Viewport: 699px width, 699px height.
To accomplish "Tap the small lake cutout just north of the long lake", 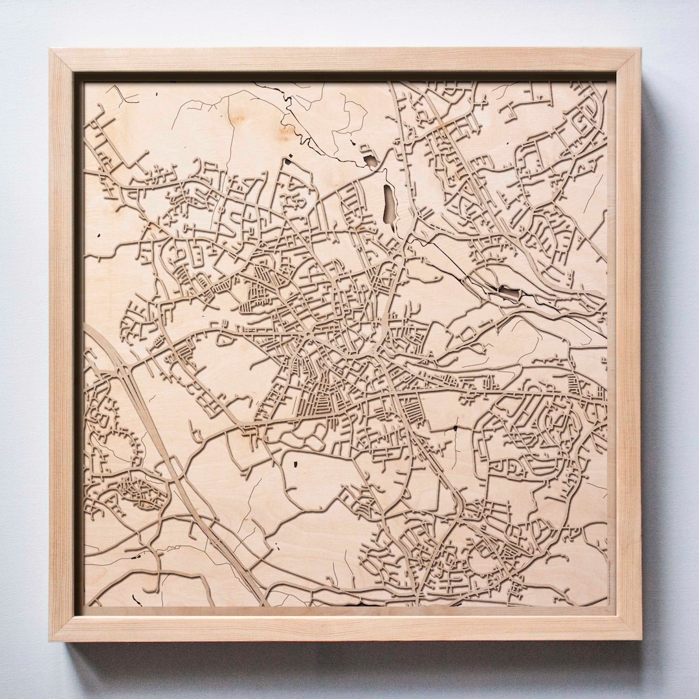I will click(x=370, y=161).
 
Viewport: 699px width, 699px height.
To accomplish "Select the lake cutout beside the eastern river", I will click(x=509, y=294).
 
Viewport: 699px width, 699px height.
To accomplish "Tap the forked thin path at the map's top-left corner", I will click(x=116, y=94).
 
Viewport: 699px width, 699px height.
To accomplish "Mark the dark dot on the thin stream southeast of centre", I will click(x=455, y=428).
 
